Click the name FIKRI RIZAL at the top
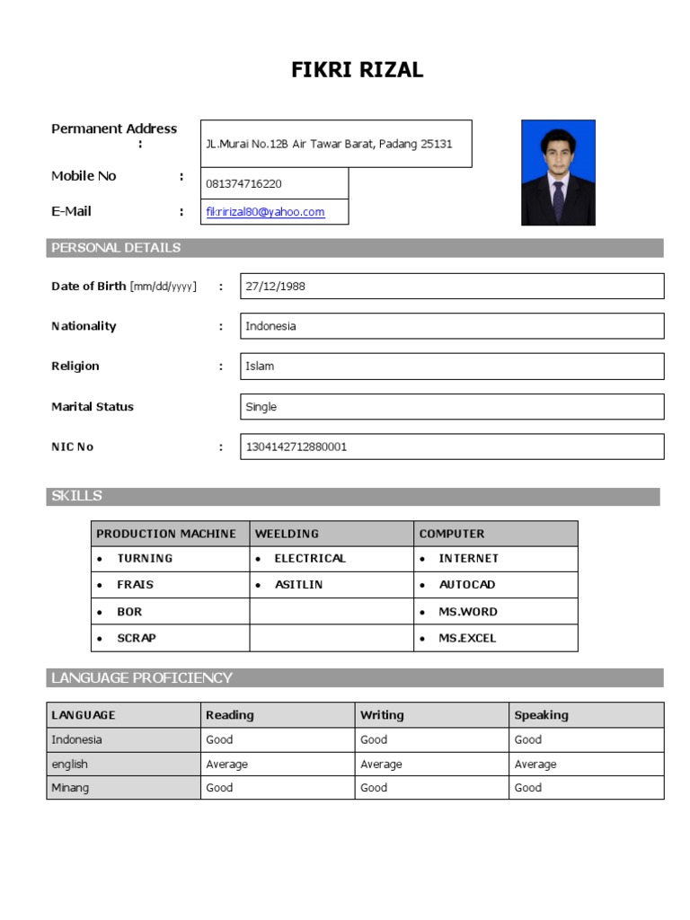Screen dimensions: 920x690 click(357, 71)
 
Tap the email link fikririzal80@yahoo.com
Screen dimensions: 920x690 click(265, 212)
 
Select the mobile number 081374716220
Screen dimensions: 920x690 click(243, 184)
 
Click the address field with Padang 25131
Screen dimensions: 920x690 click(329, 144)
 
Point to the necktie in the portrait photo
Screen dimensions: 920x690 click(558, 200)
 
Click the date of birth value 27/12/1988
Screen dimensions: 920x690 click(276, 287)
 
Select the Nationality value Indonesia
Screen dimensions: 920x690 click(270, 326)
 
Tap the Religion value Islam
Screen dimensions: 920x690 click(260, 367)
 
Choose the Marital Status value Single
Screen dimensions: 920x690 click(261, 407)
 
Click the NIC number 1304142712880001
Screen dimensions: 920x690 click(296, 447)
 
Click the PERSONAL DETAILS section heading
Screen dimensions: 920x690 click(116, 248)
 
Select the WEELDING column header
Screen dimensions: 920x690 click(287, 534)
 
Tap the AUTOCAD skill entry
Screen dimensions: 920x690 click(466, 585)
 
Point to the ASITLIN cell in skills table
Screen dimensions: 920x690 click(298, 585)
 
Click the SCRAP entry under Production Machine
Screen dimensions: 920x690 click(137, 638)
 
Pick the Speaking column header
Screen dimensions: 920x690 click(541, 715)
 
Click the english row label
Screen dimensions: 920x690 click(70, 765)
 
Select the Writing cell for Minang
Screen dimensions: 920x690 click(374, 788)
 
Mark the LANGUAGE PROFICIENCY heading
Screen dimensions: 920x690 click(142, 677)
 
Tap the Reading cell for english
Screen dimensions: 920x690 click(226, 765)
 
